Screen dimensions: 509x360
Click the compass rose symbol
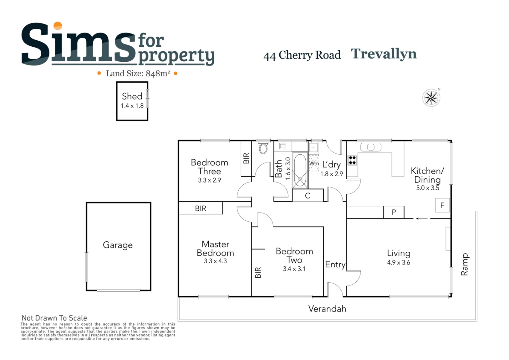tap(431, 98)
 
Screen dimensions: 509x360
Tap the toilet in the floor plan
tap(263, 147)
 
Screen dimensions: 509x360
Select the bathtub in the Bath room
tap(300, 170)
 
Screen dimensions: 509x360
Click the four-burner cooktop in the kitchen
tap(352, 160)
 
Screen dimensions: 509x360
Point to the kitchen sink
tap(371, 147)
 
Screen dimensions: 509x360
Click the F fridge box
tap(442, 205)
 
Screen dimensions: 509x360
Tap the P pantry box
tap(394, 212)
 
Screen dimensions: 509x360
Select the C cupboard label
tap(308, 196)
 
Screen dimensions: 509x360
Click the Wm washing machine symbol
tap(314, 163)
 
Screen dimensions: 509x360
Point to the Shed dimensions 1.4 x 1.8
tap(132, 106)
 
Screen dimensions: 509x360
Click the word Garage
tap(118, 245)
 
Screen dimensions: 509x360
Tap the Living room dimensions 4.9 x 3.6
tap(399, 262)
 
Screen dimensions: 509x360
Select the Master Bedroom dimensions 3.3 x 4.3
tap(215, 261)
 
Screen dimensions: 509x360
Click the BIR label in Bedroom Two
tap(258, 272)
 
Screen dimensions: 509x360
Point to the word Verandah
tap(327, 309)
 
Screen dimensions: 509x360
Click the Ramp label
tap(465, 264)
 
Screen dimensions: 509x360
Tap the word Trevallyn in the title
tap(384, 54)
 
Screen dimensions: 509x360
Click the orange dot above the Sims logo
tap(58, 26)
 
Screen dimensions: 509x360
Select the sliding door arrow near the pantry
tap(422, 219)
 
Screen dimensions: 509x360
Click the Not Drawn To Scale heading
tap(54, 318)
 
